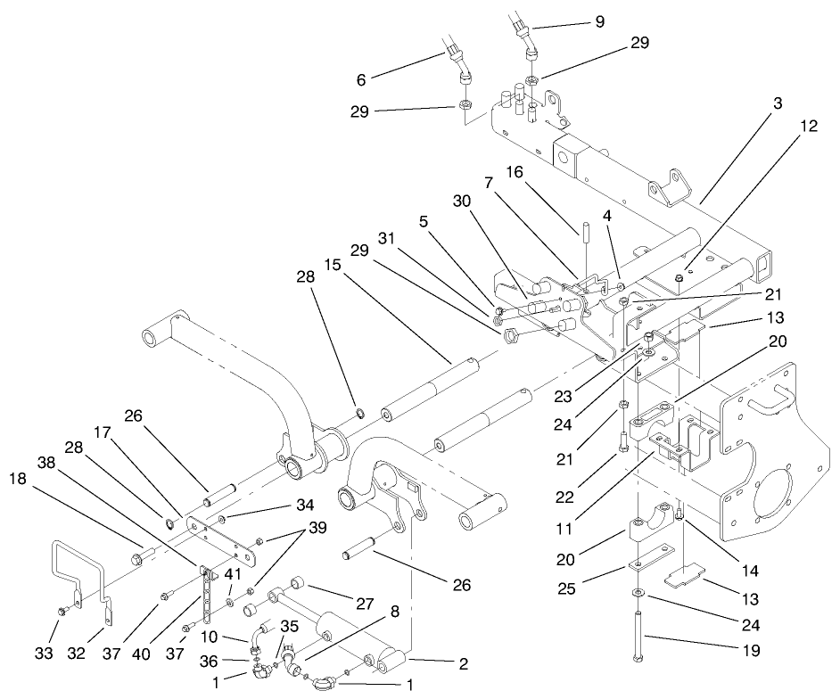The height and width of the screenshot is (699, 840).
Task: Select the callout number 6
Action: click(x=362, y=79)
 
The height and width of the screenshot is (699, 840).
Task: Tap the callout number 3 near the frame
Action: click(x=778, y=104)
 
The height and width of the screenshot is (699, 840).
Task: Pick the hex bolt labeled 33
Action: click(x=63, y=613)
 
